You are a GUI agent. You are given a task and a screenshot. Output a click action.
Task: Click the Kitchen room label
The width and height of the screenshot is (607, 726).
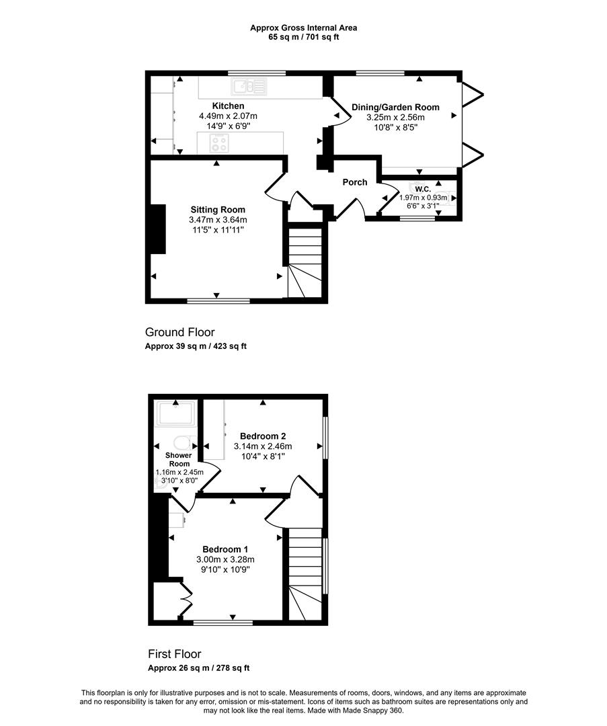pos(228,106)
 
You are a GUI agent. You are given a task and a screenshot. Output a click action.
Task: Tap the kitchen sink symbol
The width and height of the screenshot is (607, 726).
pos(250,86)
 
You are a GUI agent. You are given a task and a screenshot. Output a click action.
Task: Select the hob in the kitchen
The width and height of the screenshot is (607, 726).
pos(218,143)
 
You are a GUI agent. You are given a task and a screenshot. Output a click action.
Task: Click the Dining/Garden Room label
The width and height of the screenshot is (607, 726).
pos(395,108)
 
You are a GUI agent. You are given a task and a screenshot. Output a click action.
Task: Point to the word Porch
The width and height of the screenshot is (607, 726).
pos(355,182)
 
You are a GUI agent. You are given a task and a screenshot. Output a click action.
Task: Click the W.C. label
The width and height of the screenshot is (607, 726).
pos(423,190)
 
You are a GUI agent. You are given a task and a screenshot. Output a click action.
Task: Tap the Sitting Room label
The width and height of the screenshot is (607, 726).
pos(218,210)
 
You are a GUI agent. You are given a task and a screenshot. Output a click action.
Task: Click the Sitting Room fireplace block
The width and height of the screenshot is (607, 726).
pos(158,229)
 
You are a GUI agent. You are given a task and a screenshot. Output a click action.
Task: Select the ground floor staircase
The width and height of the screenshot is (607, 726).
pos(305,263)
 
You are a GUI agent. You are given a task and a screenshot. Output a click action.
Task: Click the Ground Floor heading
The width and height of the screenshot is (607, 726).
pos(179,332)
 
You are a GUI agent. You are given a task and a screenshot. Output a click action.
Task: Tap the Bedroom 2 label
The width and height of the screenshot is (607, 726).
pos(263,436)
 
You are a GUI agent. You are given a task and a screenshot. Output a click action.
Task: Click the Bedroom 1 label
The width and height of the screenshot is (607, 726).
pos(225,550)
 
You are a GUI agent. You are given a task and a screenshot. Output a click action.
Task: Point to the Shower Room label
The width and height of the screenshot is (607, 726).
pos(178,460)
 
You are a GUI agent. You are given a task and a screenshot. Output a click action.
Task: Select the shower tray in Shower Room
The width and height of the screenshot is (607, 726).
pos(175,413)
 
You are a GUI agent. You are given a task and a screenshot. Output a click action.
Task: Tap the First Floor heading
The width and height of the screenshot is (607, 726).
pos(175,654)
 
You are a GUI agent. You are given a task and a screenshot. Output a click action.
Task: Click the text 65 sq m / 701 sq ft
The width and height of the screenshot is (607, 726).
pos(303,37)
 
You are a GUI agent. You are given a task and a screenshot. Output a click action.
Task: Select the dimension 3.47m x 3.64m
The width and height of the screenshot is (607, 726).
pos(218,220)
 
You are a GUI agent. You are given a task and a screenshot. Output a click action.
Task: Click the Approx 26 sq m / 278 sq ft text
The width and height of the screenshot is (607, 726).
pos(198,668)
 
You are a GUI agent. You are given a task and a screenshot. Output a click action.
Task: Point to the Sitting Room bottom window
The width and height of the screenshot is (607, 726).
pos(218,301)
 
